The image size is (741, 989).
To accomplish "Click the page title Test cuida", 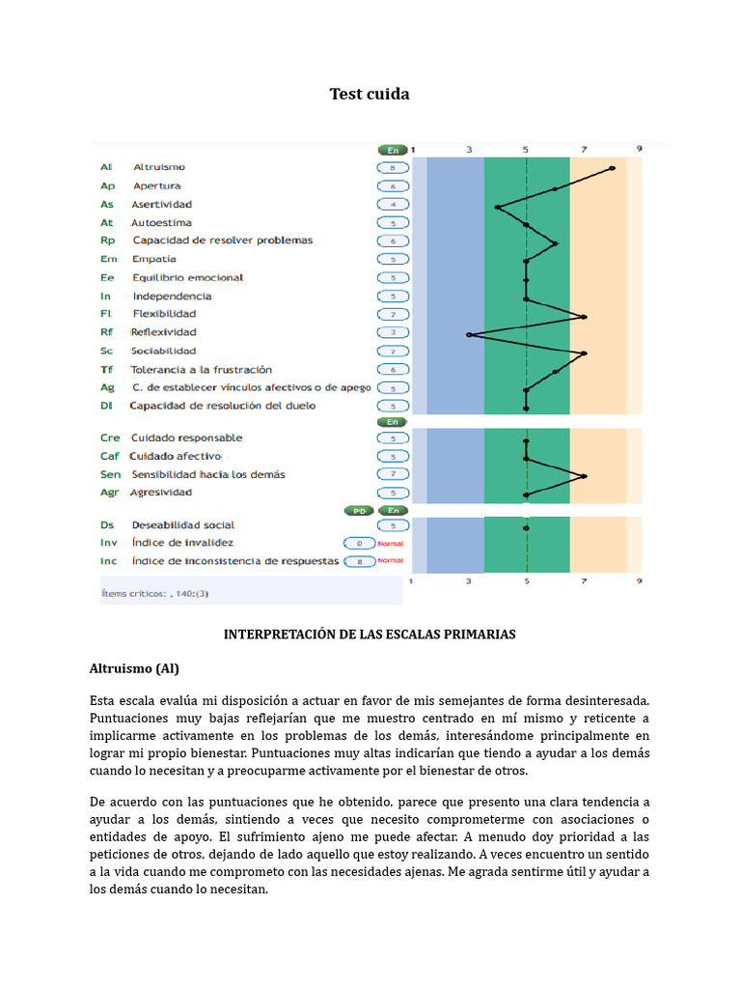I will click(x=370, y=94).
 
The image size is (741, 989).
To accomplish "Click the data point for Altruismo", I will click(x=613, y=168).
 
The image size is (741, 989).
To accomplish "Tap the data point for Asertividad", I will click(x=498, y=206).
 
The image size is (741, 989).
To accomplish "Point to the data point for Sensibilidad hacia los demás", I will click(x=585, y=475).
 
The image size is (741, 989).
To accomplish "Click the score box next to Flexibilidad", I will click(x=393, y=315).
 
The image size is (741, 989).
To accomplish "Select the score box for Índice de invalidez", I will click(x=359, y=544).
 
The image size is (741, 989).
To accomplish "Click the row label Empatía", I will click(x=154, y=259).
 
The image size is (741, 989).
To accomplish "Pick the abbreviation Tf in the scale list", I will click(x=106, y=370).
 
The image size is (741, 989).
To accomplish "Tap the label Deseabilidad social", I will click(x=182, y=525).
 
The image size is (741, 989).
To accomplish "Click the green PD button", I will click(x=357, y=510).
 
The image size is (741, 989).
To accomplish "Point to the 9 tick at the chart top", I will click(x=639, y=149).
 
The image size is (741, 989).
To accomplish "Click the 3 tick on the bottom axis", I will click(x=469, y=581).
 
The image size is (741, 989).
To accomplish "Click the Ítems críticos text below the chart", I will click(x=155, y=593).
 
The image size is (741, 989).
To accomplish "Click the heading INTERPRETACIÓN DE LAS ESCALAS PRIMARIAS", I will click(x=370, y=635).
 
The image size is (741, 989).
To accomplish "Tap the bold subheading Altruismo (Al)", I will click(x=134, y=668).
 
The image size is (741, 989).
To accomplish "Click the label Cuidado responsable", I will click(x=186, y=438).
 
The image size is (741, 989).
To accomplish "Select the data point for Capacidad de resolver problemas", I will click(x=556, y=243).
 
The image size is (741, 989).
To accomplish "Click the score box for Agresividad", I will click(x=393, y=493).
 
